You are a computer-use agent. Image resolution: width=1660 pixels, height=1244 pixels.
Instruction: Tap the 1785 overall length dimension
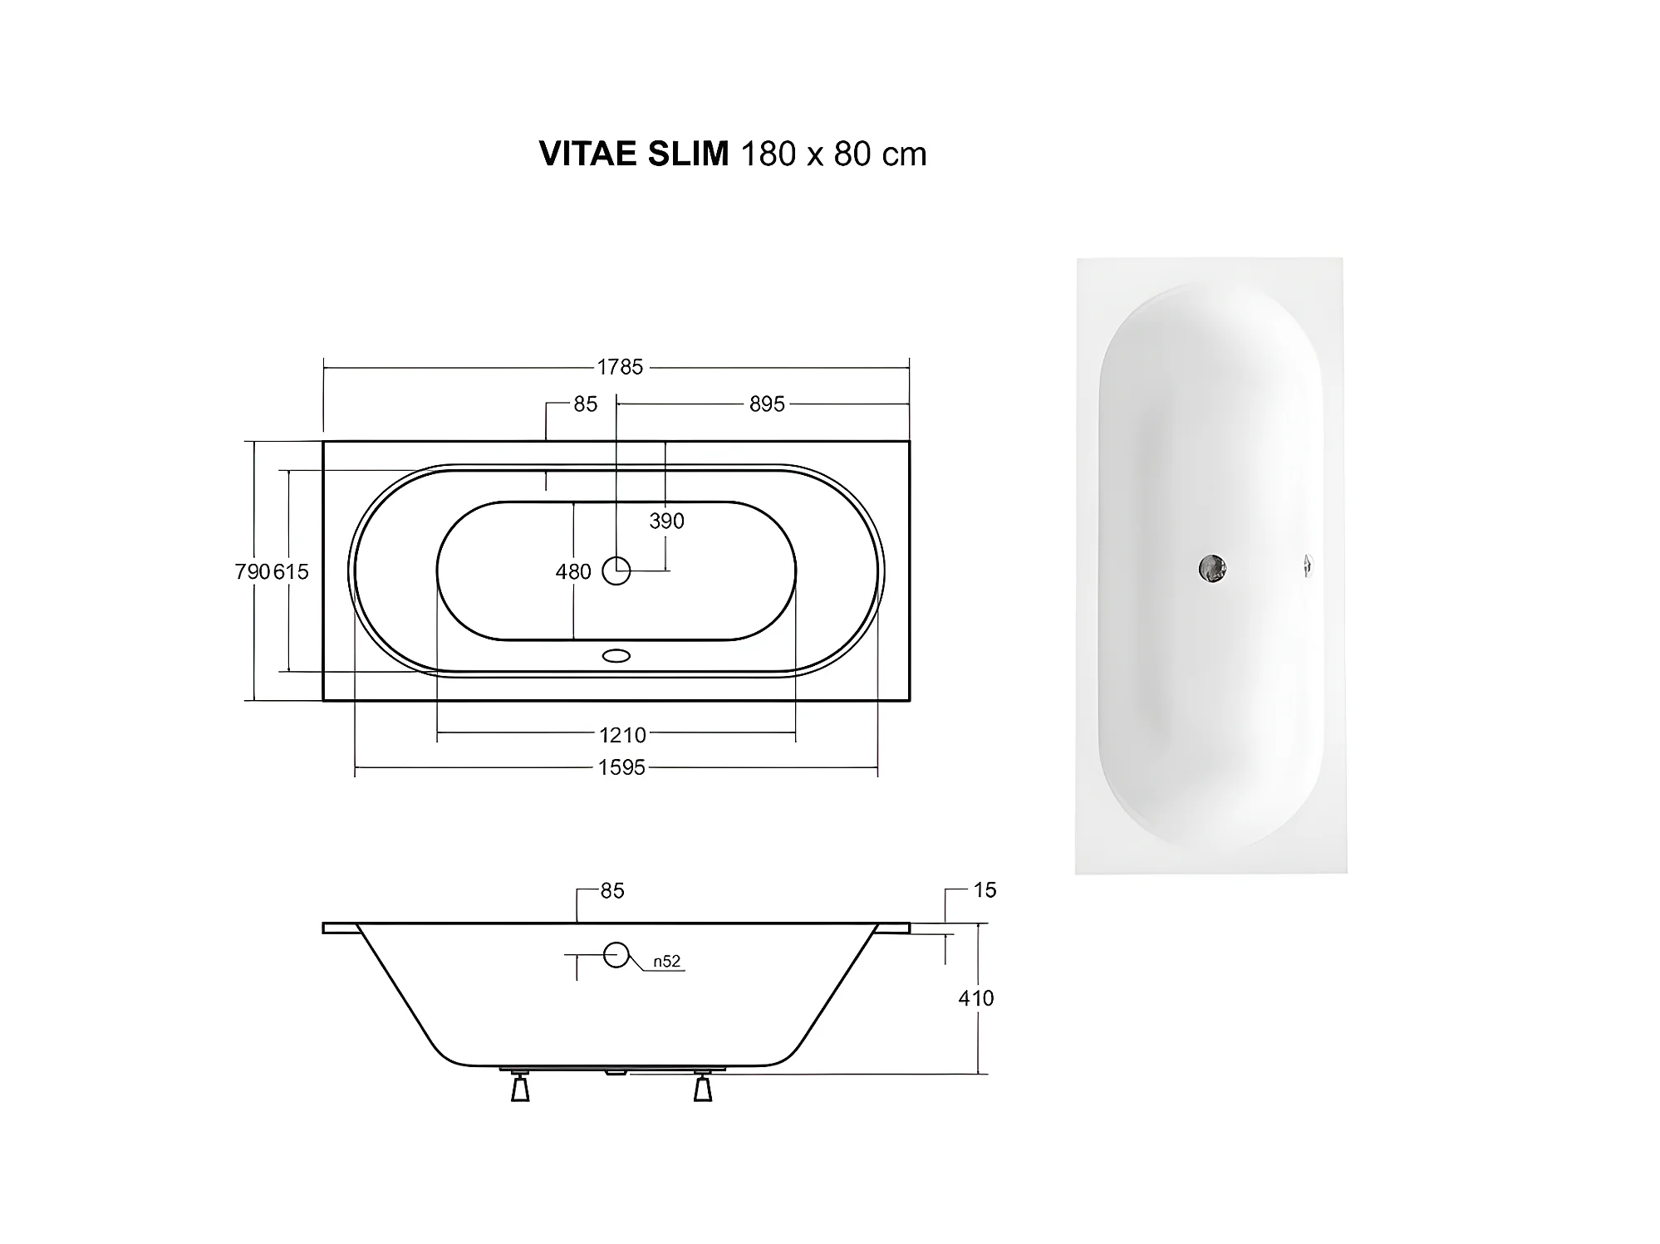[x=620, y=367]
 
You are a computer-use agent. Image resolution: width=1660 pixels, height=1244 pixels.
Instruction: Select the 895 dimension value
[x=767, y=404]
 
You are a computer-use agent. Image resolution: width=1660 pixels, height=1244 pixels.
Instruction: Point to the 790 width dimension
[x=253, y=571]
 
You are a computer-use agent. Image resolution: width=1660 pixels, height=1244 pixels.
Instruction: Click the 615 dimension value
[x=291, y=571]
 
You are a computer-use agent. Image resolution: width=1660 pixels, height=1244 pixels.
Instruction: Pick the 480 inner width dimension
[x=573, y=571]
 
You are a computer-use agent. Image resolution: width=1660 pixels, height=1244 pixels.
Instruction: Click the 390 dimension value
[x=667, y=521]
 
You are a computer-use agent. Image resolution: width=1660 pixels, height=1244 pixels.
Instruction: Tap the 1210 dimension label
[x=622, y=735]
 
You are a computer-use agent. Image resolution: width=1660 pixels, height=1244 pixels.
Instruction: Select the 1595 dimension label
[x=621, y=767]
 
